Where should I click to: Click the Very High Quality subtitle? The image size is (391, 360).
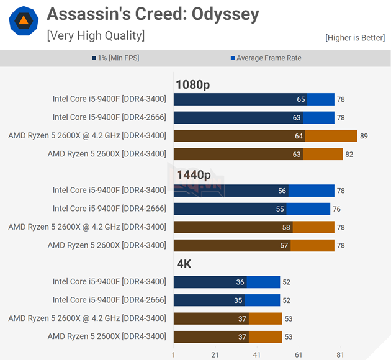coord(96,35)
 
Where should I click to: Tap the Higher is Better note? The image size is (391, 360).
coord(354,38)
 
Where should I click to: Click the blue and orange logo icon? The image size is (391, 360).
coord(24,22)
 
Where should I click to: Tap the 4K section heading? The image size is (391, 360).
coord(184,264)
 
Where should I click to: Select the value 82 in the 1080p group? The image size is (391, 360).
coord(349,154)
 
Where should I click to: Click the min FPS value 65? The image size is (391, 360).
coord(301,99)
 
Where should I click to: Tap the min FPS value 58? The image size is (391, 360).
coord(286,227)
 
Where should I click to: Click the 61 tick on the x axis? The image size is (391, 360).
coord(299,354)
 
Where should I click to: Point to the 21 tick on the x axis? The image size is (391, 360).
coord(215,354)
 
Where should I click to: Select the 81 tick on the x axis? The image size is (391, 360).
coord(340,354)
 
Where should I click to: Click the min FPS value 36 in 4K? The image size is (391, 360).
coord(240,282)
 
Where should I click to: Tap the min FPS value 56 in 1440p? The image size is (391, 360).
coord(282,191)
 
